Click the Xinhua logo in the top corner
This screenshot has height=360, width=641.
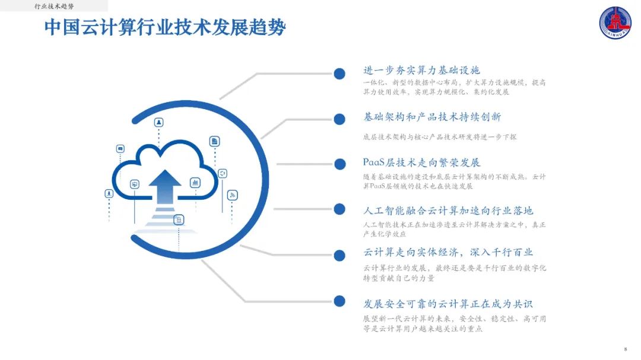pos(617,23)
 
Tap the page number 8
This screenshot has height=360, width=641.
pos(626,349)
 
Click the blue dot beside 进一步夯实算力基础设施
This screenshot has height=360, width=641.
pos(339,74)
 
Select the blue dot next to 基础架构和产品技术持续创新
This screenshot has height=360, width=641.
pos(339,119)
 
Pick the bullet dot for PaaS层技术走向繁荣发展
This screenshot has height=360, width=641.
pos(339,164)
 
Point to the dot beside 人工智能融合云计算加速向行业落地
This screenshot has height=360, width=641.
pos(339,209)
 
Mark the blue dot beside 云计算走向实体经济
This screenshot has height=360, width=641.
pos(339,255)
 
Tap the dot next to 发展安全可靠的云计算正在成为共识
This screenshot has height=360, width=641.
pos(339,301)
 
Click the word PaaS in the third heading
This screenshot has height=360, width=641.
pos(375,163)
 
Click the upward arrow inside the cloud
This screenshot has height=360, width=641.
pos(164,186)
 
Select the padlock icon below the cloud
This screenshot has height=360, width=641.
pos(178,220)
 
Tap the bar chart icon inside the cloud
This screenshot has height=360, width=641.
pos(195,183)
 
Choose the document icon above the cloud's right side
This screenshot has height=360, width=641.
pos(214,141)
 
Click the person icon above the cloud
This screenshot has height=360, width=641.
pos(159,123)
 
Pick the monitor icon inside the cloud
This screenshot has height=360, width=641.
pos(135,184)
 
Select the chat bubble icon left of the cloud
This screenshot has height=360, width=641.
pos(120,149)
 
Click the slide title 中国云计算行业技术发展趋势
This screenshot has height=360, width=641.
pos(165,27)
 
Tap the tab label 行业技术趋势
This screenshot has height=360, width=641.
pos(54,6)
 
